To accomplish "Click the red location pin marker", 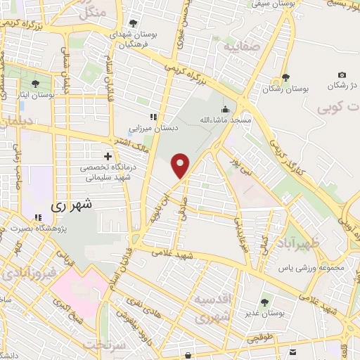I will tap(181, 165).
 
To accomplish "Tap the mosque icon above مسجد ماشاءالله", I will tap(225, 110).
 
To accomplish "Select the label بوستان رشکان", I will tap(288, 89).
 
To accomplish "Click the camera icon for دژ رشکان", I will tap(342, 75).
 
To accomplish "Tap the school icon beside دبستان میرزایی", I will tap(153, 117).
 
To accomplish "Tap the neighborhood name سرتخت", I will tap(104, 345).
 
